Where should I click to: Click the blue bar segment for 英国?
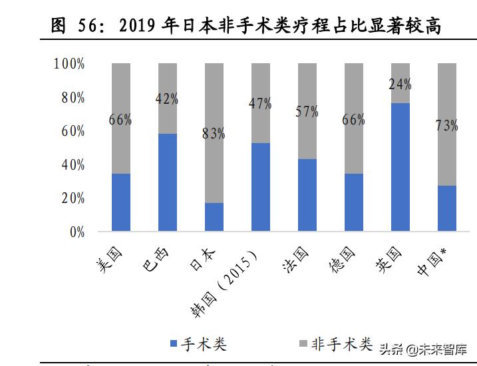click(400, 167)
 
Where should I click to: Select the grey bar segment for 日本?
click(214, 132)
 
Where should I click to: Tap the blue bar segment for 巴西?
click(168, 182)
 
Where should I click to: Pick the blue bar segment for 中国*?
click(446, 208)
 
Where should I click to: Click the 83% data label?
click(214, 134)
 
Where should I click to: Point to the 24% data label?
click(400, 85)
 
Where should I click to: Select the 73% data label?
click(446, 126)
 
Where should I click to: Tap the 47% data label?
click(260, 103)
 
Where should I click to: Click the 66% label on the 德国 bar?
click(353, 120)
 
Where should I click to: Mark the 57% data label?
click(307, 111)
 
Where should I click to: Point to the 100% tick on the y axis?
click(69, 65)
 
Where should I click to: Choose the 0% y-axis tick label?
click(77, 232)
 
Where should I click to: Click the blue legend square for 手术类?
click(174, 344)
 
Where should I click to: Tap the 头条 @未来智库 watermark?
click(422, 349)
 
